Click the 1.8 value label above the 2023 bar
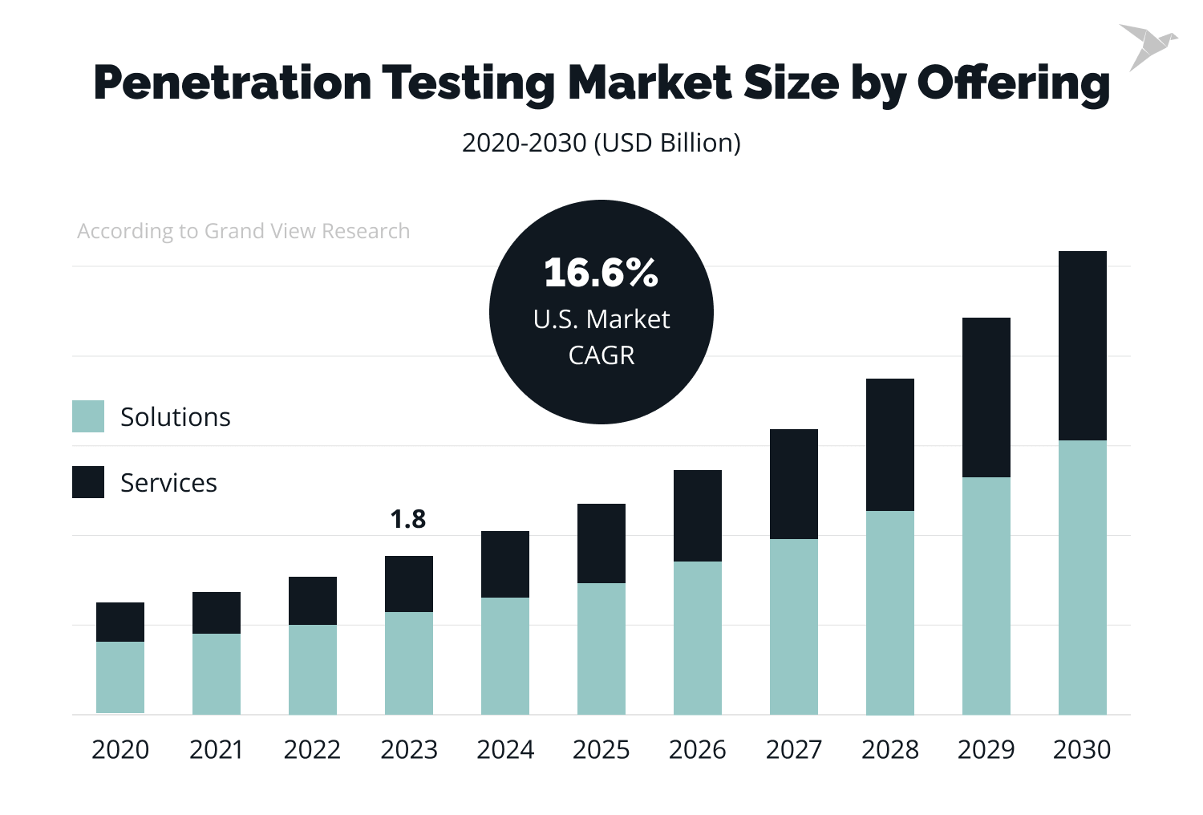click(x=408, y=520)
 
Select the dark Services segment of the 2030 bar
click(x=1082, y=346)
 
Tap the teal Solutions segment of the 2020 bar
click(x=120, y=677)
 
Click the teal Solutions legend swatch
click(x=88, y=416)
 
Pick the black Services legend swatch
click(x=88, y=482)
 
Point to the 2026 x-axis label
click(x=697, y=749)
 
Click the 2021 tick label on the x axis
click(x=216, y=749)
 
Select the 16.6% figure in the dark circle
click(x=601, y=273)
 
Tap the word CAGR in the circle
click(x=601, y=355)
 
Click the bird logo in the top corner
click(x=1146, y=46)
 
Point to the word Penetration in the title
click(x=233, y=83)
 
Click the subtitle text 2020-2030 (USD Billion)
click(x=601, y=143)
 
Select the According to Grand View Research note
click(x=243, y=231)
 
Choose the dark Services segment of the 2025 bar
click(x=601, y=543)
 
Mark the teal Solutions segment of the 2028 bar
click(x=889, y=612)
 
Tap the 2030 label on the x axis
click(x=1082, y=749)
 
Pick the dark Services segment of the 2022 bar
click(x=312, y=601)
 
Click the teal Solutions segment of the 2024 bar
click(x=504, y=655)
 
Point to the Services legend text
click(x=168, y=483)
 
